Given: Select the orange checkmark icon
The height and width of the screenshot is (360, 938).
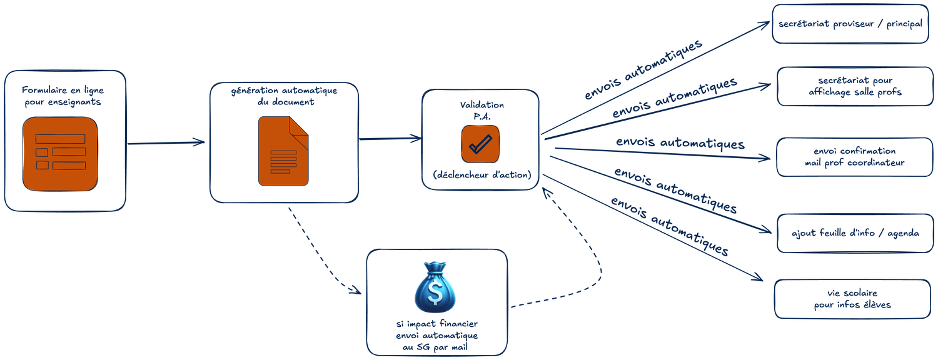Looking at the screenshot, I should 480,144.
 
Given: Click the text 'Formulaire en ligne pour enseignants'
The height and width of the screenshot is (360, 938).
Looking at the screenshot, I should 63,95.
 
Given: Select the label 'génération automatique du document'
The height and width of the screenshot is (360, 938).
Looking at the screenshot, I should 285,96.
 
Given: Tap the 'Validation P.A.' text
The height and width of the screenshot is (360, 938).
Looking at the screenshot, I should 482,109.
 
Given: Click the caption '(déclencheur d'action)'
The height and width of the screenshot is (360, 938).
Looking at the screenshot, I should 482,176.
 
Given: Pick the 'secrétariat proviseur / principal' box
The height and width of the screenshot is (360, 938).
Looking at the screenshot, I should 850,24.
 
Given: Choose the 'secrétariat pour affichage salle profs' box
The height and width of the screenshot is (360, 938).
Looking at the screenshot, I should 854,86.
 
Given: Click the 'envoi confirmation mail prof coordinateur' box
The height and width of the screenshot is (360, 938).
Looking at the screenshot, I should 854,156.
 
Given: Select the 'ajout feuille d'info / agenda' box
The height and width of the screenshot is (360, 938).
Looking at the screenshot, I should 854,233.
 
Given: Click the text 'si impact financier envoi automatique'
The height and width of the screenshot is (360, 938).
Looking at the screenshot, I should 436,329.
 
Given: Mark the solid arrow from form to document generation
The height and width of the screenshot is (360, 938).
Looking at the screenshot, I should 166,143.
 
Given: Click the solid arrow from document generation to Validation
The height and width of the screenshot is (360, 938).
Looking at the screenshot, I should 389,138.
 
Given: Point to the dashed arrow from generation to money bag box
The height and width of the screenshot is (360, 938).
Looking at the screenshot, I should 322,250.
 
